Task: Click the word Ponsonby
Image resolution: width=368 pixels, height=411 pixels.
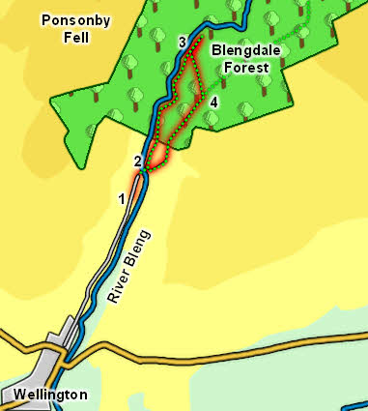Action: point(75,20)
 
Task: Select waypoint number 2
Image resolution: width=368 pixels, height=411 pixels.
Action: point(137,161)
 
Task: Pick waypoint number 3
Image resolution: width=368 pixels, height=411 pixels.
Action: point(183,42)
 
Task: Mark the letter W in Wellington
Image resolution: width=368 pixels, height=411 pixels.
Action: point(18,395)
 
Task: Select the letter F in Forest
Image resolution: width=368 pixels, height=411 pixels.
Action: point(219,68)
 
